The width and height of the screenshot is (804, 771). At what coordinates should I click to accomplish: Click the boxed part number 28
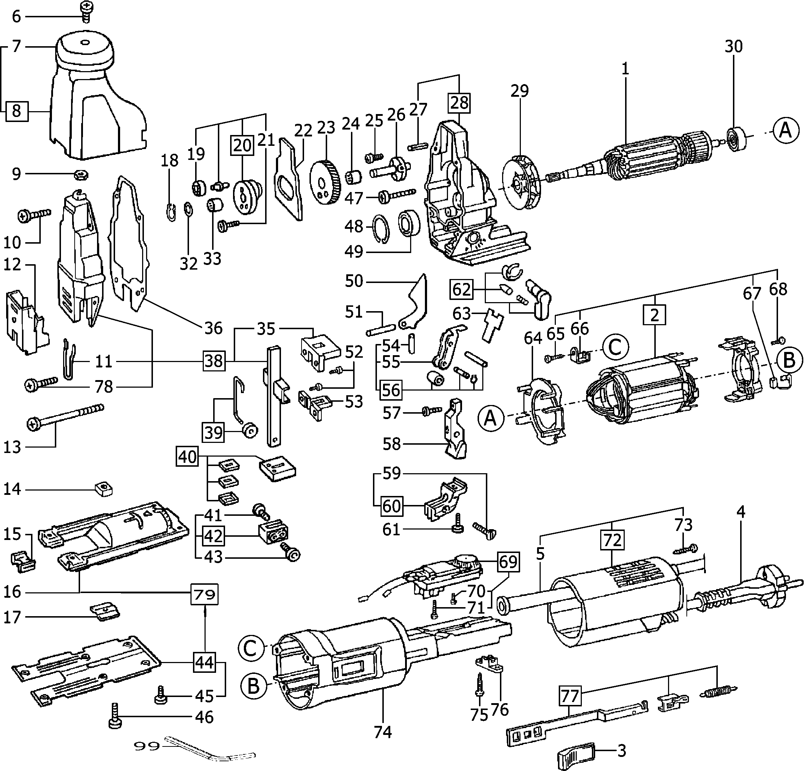point(459,103)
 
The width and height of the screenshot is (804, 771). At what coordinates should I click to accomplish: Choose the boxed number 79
point(205,594)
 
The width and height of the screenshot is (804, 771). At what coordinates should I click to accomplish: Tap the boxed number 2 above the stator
point(654,315)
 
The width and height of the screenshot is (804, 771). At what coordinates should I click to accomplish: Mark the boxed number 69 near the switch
point(508,561)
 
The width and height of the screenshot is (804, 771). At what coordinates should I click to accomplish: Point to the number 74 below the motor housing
point(383,732)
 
